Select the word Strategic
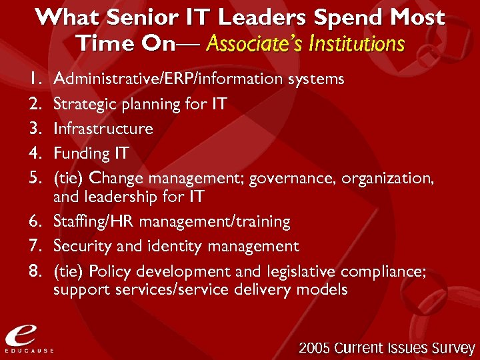click(81, 104)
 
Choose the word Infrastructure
click(103, 129)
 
